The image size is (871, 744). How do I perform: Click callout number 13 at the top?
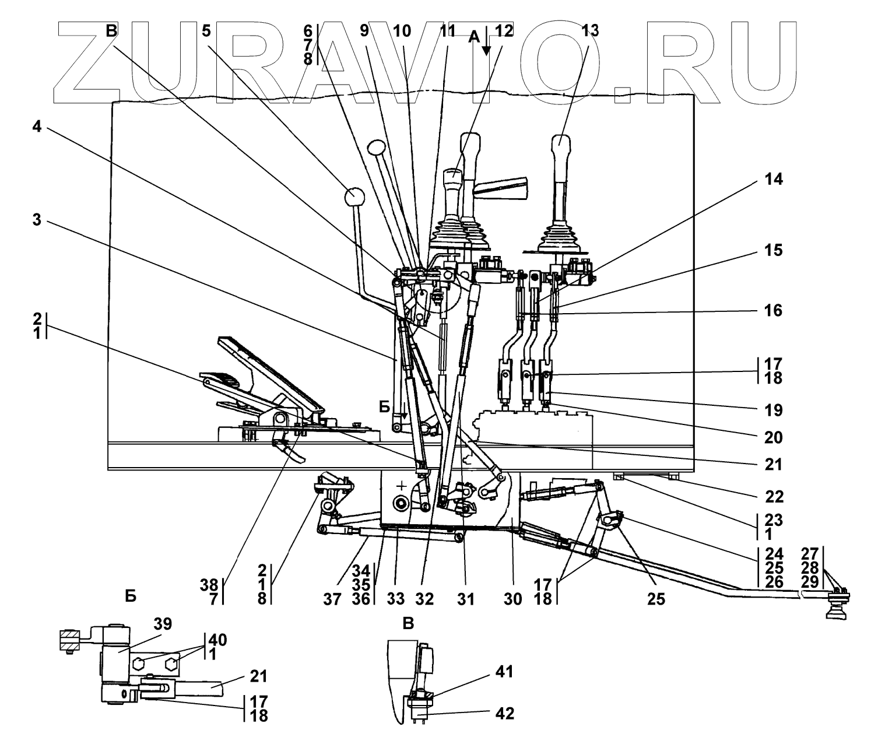coord(589,31)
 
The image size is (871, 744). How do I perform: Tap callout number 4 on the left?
coord(37,128)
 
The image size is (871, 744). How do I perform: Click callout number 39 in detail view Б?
coord(163,624)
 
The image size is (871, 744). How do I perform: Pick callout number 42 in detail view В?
coord(505,713)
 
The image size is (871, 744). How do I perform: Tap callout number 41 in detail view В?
coord(505,672)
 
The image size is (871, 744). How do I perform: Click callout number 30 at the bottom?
coord(514,598)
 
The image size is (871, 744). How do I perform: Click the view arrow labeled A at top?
coord(474,37)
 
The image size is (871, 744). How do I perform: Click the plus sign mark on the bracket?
coord(401,485)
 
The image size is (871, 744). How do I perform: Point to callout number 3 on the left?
coord(37,223)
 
